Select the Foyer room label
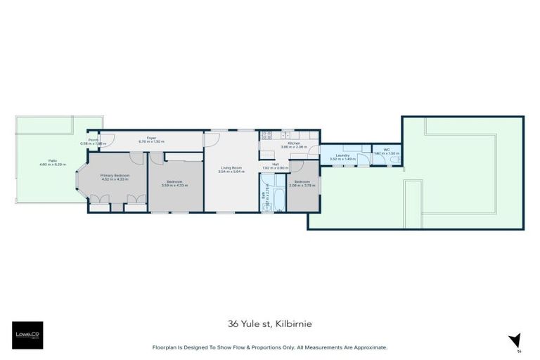coord(150,138)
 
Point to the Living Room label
coord(231,167)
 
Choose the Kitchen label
coord(290,143)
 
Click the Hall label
coord(276,164)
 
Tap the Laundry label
coord(342,155)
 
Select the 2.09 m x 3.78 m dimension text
coord(302,186)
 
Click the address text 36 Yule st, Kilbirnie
coord(269,323)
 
